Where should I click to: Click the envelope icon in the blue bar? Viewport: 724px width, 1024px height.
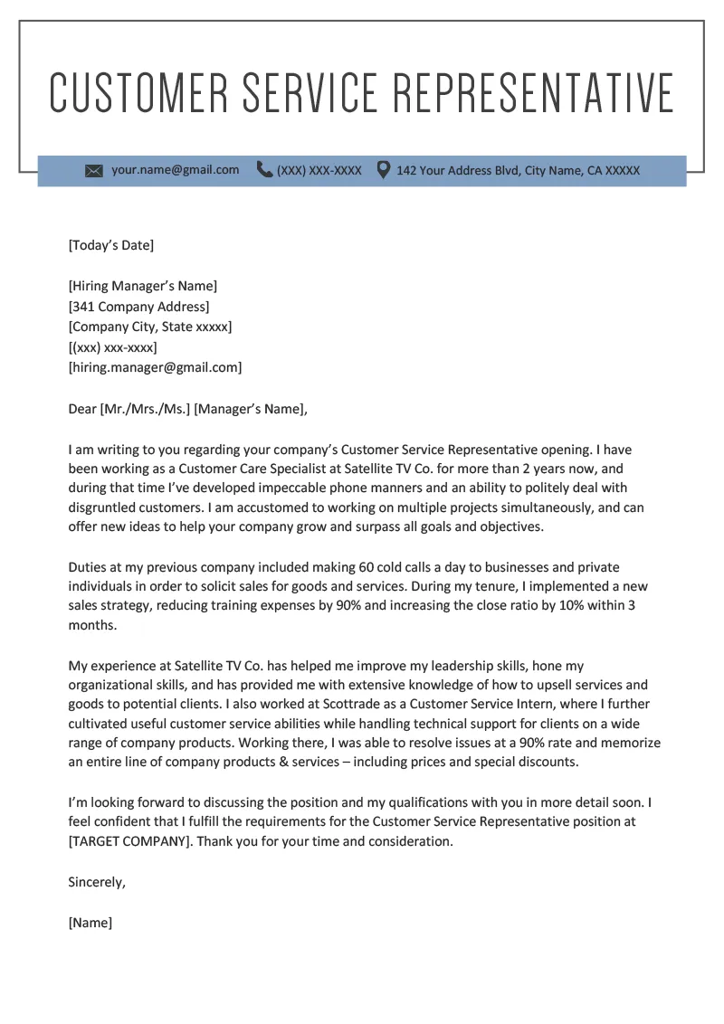(94, 171)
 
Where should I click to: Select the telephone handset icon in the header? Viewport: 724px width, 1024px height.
(264, 169)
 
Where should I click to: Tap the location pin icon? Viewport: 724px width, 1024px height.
(384, 169)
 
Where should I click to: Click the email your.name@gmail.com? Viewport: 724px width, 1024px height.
(175, 170)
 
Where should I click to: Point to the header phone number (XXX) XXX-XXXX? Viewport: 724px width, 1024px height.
(319, 170)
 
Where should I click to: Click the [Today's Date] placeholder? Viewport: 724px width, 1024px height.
(111, 245)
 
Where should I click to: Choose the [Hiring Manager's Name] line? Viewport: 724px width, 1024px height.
(142, 286)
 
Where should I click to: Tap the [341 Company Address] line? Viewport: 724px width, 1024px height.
(138, 307)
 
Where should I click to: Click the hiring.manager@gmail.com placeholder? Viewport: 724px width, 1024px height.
(155, 367)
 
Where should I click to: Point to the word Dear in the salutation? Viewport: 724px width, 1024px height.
(82, 409)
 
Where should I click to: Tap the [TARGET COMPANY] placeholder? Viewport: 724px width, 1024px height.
(130, 841)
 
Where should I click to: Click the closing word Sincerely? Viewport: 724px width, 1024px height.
(97, 882)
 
